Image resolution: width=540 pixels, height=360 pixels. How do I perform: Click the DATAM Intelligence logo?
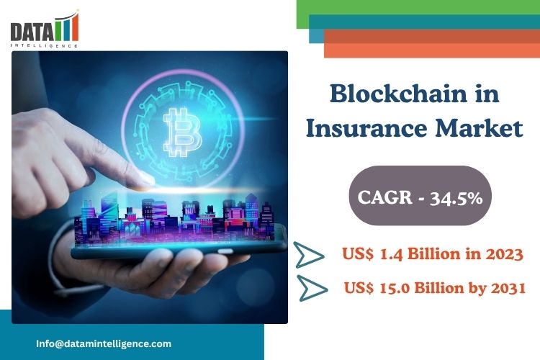click(45, 29)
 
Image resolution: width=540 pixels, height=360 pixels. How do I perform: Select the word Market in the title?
click(479, 128)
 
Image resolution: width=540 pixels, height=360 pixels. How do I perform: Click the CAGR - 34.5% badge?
click(420, 196)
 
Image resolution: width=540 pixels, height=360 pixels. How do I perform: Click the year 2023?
click(504, 254)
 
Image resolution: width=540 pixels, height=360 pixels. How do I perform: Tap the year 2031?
click(508, 288)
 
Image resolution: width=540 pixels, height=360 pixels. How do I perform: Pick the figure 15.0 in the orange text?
click(395, 288)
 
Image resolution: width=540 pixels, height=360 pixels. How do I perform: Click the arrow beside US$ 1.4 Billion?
click(308, 255)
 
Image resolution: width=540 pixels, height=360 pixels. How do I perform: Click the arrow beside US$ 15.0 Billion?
click(312, 288)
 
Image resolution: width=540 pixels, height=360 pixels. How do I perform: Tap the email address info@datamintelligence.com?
click(104, 343)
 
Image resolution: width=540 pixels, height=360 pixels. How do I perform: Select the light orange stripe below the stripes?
click(432, 50)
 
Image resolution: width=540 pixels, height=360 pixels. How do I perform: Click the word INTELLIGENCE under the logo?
click(44, 45)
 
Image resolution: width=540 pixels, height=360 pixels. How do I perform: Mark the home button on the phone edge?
click(225, 251)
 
